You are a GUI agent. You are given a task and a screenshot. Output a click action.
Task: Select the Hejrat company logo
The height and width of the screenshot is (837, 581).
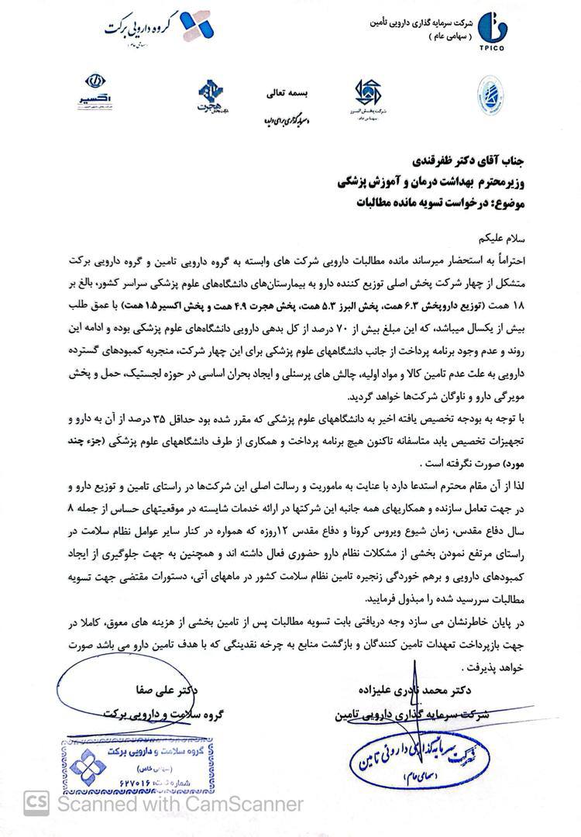click(x=210, y=95)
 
